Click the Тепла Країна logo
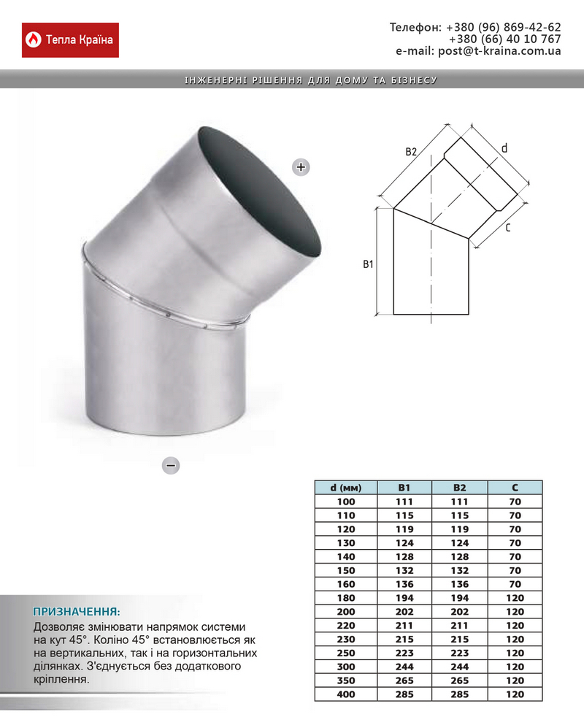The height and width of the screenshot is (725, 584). point(71,39)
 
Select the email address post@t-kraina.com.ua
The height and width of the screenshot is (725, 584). point(499,51)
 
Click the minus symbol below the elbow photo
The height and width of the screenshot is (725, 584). point(171,464)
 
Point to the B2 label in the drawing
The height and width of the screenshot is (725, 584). point(412,152)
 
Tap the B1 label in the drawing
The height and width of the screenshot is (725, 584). point(368,264)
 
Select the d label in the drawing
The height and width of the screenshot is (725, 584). point(504,148)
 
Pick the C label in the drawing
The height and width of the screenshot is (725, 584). point(507,229)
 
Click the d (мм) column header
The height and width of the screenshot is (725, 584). point(345,488)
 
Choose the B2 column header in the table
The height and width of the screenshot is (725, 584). point(459,488)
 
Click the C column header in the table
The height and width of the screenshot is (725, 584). point(515,488)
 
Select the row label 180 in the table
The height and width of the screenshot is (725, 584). point(345,598)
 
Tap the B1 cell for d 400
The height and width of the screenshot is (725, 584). point(404,694)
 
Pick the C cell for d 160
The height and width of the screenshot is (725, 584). point(515,584)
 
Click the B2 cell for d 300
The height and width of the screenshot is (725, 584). point(459,667)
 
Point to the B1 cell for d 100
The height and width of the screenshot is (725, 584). point(404,502)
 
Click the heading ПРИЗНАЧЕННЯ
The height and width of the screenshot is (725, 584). point(76,611)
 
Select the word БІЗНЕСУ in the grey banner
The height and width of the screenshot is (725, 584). point(414,80)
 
